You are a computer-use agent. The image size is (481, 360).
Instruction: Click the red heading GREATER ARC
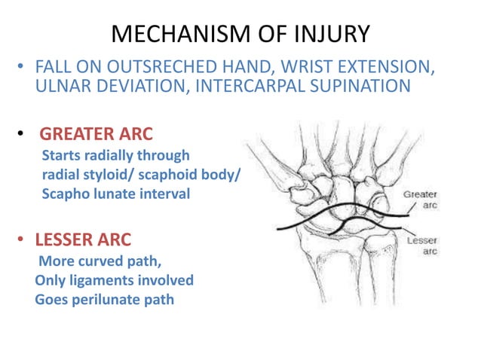coord(96,135)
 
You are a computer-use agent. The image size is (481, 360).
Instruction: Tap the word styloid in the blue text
coord(103,174)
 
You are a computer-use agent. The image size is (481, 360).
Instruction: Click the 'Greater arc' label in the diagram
coord(421,200)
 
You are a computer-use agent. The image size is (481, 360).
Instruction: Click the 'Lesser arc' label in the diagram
coord(421,246)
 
